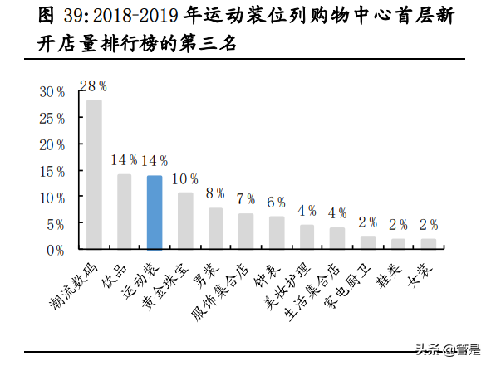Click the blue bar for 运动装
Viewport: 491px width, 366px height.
tap(154, 212)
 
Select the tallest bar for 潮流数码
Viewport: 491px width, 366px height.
tap(94, 174)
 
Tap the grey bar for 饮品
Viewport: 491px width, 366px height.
tap(124, 212)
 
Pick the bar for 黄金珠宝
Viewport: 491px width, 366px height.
tap(184, 221)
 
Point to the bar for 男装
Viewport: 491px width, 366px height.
tap(215, 228)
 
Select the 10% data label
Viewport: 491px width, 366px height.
tap(184, 178)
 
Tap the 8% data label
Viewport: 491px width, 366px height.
tap(215, 193)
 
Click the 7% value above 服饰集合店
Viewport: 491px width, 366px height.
tap(245, 199)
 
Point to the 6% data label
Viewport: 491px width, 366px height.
tap(276, 203)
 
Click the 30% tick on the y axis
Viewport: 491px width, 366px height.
tap(52, 91)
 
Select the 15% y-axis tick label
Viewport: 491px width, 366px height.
tap(52, 171)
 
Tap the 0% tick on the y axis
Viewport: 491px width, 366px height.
tap(56, 250)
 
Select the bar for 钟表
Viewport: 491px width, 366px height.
tap(276, 232)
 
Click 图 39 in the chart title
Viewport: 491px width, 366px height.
tap(33, 16)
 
